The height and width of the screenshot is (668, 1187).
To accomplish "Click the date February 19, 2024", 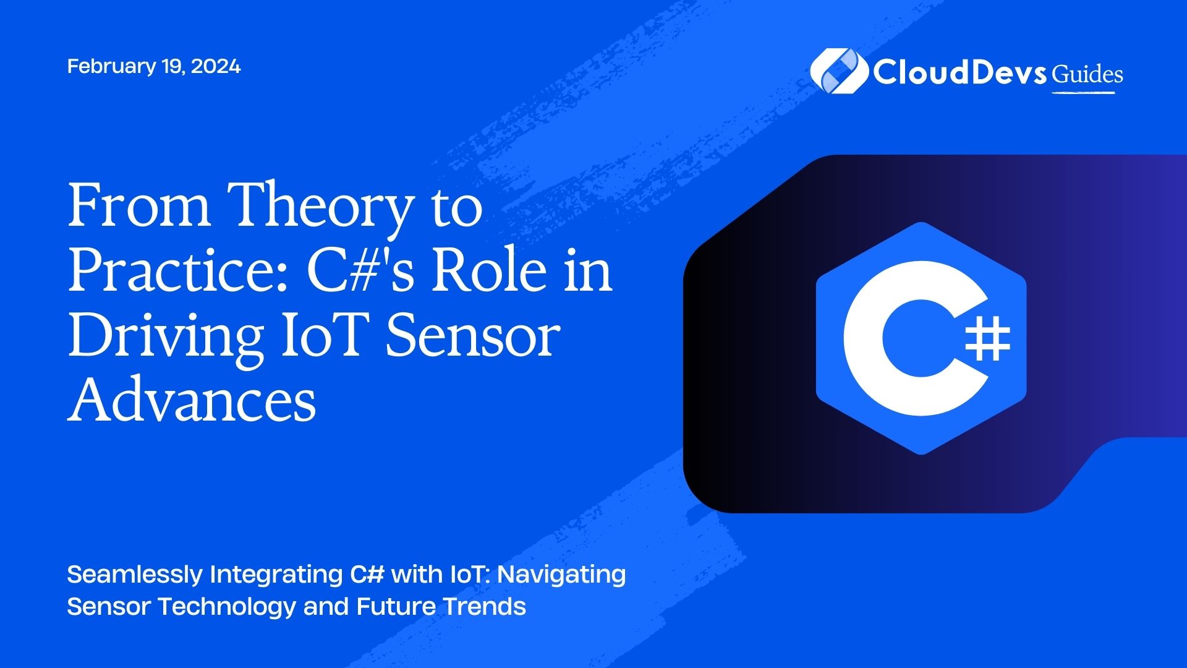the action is point(154,66).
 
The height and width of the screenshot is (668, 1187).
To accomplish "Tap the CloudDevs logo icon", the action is point(839,71).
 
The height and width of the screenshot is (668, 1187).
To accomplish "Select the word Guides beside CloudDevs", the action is point(1087,75).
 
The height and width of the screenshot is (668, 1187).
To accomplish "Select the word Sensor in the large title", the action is point(473,336).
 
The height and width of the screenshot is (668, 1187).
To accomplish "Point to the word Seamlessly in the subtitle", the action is point(135,575).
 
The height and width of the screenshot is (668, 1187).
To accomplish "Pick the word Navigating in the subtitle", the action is point(562,575).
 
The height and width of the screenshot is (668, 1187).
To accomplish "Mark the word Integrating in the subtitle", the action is point(276,575).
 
